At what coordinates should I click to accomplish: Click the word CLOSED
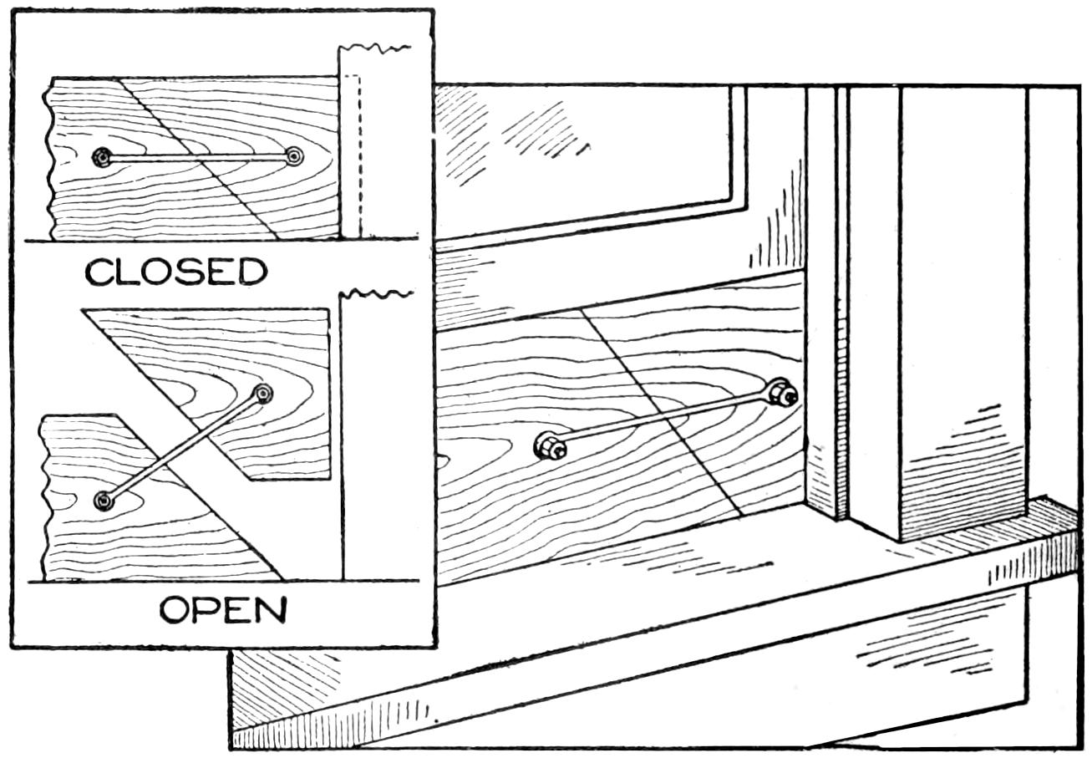[x=176, y=272]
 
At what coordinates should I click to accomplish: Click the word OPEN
[x=223, y=611]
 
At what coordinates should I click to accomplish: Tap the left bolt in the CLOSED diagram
[x=103, y=157]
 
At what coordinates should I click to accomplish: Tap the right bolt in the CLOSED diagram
[x=293, y=156]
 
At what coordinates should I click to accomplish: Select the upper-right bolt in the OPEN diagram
[x=264, y=394]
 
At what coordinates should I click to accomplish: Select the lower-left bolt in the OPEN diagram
[x=104, y=500]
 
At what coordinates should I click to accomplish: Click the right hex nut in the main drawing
[x=780, y=392]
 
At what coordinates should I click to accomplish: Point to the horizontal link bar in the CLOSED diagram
[x=198, y=157]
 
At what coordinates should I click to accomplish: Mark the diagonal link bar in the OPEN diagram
[x=184, y=447]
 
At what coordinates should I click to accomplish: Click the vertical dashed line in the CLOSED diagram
[x=359, y=159]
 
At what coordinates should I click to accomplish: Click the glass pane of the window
[x=585, y=150]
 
